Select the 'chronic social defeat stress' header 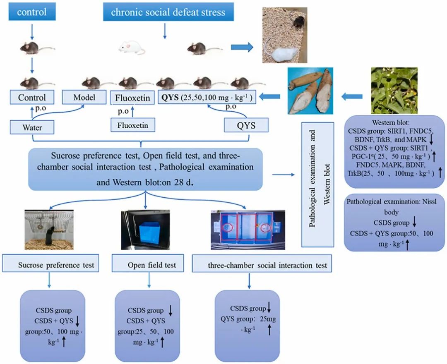[x=168, y=12]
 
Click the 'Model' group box [x=84, y=98]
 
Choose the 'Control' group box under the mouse [x=32, y=98]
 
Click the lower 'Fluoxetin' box [x=133, y=125]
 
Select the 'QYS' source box [x=246, y=125]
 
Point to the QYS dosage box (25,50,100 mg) [x=205, y=98]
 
